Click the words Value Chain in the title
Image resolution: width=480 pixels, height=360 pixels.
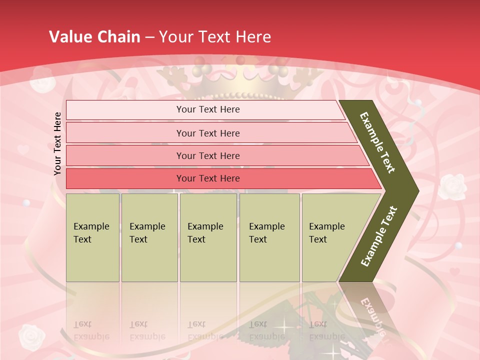click(x=94, y=36)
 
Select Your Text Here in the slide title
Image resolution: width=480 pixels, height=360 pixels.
click(x=215, y=36)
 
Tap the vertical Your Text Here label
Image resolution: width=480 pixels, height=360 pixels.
click(x=57, y=143)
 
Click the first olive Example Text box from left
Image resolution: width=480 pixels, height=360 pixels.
click(x=92, y=237)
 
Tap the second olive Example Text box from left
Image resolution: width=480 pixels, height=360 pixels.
click(x=149, y=237)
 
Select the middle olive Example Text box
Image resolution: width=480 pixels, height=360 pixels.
click(x=208, y=237)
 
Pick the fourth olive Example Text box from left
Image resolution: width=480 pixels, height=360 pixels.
click(x=269, y=237)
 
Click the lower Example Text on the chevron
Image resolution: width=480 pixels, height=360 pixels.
click(x=378, y=236)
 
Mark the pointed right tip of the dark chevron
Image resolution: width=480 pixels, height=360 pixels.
click(x=416, y=190)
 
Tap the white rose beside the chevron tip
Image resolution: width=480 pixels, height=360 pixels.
click(x=451, y=186)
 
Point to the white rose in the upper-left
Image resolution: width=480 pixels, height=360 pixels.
click(x=40, y=80)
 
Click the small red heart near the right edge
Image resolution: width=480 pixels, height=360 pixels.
click(x=454, y=272)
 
